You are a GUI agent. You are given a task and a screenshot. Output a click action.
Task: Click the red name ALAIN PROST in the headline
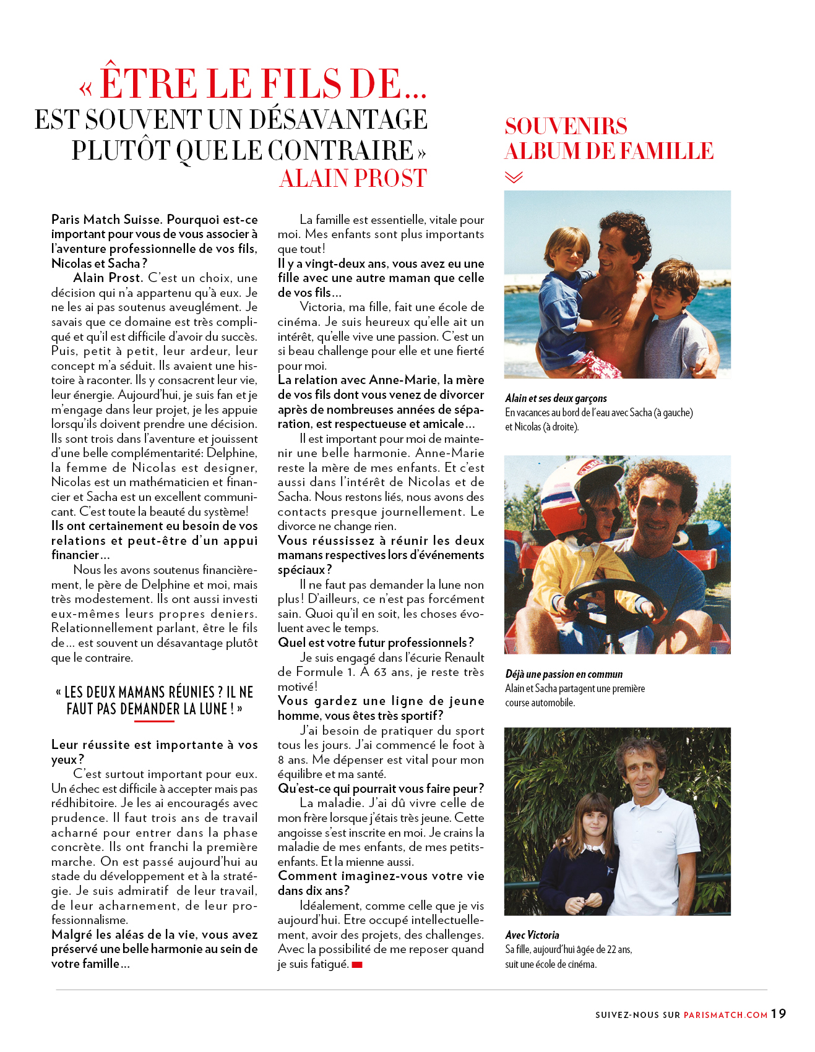pos(353,178)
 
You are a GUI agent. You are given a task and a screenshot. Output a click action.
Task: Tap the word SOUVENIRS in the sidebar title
pos(566,126)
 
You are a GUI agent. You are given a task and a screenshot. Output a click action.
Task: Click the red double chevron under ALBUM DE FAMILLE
pos(514,177)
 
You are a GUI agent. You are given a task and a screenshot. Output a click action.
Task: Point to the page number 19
pos(778,1014)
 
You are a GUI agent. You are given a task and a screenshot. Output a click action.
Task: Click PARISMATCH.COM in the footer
pos(725,1015)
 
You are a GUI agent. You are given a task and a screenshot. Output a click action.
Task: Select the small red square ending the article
pos(357,965)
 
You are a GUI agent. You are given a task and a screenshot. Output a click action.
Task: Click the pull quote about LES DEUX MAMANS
pos(154,700)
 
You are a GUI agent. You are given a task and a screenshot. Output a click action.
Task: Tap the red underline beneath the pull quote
pos(154,721)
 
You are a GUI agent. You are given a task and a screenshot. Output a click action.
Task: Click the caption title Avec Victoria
pos(532,935)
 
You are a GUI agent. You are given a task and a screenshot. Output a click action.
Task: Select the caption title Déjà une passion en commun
pos(564,674)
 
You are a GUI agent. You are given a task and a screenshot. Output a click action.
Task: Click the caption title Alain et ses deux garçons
pos(556,398)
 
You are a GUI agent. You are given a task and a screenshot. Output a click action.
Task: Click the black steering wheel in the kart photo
pos(613,603)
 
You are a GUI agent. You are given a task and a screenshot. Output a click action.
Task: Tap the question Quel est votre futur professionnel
pos(376,643)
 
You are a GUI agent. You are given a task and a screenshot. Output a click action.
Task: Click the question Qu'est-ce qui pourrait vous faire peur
pos(381,789)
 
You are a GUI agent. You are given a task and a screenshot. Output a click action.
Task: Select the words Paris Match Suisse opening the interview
pos(106,220)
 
